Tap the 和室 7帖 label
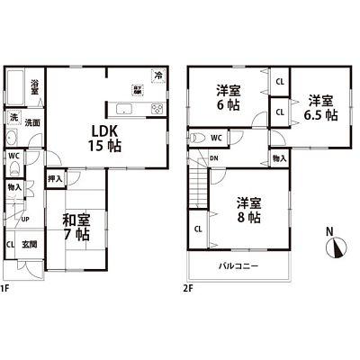76,226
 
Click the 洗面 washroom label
32,122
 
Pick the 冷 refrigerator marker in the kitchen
158,75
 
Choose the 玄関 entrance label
30,244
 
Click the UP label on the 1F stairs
24,219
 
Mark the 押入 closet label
53,180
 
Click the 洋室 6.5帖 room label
319,106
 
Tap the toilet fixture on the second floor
197,139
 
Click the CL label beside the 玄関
10,244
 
